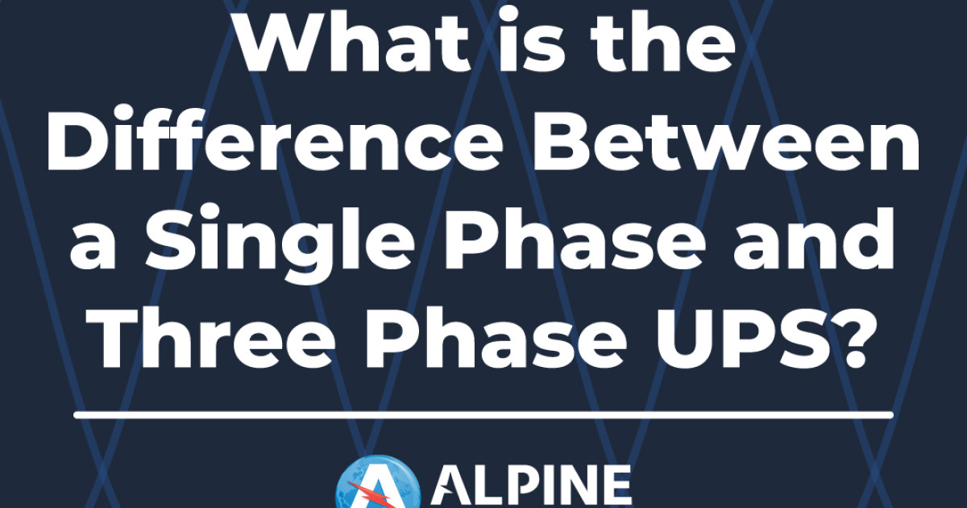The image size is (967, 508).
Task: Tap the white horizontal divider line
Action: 483,414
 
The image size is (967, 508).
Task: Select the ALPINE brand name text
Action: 532,487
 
